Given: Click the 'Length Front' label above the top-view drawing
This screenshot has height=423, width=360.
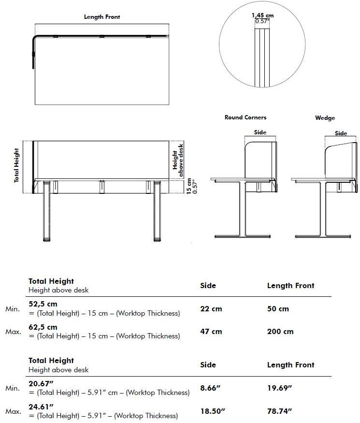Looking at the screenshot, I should pos(102,17).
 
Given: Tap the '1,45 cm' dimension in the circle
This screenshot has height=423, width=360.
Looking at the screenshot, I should pos(262,16).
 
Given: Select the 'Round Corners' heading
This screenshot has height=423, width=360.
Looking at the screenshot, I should pos(245,117).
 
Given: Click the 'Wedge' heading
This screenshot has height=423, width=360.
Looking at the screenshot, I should pos(325,118).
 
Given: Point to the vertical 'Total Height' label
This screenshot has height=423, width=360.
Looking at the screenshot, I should pos(16,165).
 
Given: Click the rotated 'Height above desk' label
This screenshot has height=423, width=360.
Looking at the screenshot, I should pos(178,155).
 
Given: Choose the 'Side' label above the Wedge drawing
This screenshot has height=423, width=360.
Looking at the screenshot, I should pos(341,133).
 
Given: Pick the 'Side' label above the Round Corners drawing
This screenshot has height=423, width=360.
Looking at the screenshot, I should pos(260,132).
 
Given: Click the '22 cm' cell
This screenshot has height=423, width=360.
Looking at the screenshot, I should pos(211,308).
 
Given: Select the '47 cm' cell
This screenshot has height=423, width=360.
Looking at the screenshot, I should pos(211,332).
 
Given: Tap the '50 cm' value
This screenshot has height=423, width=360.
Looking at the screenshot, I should pos(278,308).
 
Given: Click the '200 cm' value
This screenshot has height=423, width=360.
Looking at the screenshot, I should pos(280,332).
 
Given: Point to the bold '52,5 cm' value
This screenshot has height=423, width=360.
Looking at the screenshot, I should pos(43,304).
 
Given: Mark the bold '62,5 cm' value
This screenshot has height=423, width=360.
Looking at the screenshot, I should pos(43,327).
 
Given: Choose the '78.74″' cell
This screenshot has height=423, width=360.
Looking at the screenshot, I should pos(280,411).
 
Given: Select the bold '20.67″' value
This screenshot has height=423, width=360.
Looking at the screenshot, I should pos(41,383).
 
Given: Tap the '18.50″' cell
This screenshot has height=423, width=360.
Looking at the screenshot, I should pos(213,411).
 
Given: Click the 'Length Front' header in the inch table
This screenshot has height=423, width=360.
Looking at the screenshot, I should pos(290,365).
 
